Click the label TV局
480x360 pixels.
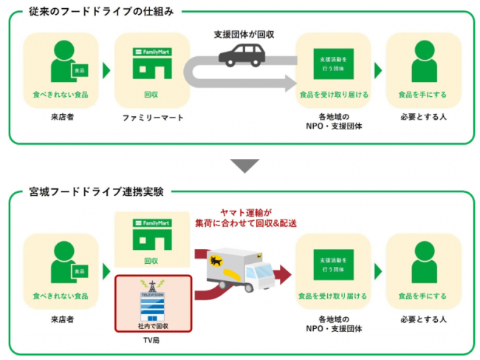[x=153, y=341]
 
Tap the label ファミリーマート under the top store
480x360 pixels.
[x=152, y=118]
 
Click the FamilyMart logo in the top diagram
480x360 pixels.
[x=152, y=54]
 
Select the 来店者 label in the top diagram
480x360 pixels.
[x=61, y=118]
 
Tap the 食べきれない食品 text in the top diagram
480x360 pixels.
[x=61, y=95]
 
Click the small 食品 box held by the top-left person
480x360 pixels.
[x=78, y=70]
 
